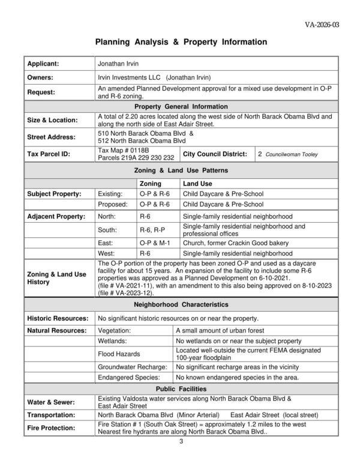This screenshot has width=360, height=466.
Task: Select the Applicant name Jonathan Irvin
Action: pyautogui.click(x=118, y=64)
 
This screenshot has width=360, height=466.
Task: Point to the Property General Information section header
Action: pyautogui.click(x=181, y=106)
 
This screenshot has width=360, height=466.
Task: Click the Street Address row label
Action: pyautogui.click(x=51, y=137)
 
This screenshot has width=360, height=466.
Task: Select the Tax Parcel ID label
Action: pyautogui.click(x=49, y=154)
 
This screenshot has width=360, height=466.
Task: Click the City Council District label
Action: pyautogui.click(x=215, y=154)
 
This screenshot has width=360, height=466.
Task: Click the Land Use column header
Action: pyautogui.click(x=197, y=183)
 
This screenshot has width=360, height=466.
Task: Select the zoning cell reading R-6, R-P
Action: pyautogui.click(x=153, y=229)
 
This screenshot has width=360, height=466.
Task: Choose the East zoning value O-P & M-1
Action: pyautogui.click(x=155, y=243)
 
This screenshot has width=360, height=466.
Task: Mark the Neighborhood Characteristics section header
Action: pyautogui.click(x=181, y=305)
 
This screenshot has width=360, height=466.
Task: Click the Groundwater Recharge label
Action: pyautogui.click(x=133, y=367)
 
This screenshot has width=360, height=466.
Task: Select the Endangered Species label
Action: pyautogui.click(x=129, y=378)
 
